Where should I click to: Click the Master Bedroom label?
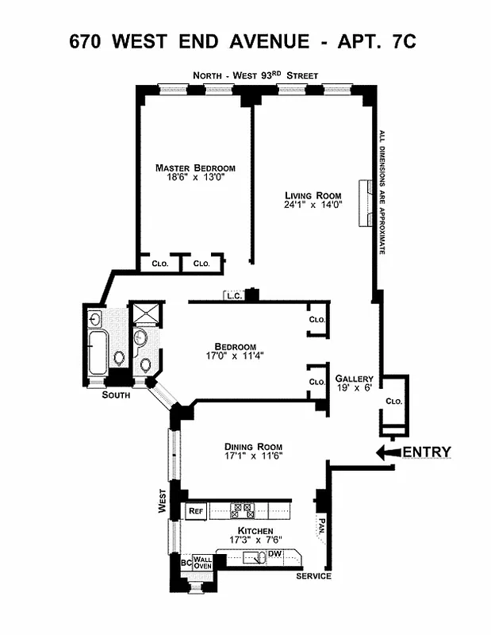click(x=195, y=167)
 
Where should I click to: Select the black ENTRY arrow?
click(x=388, y=452)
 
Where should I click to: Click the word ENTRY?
click(x=428, y=452)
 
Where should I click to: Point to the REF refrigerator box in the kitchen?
click(x=196, y=511)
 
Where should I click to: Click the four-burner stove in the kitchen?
click(x=241, y=510)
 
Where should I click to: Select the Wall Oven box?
click(x=203, y=562)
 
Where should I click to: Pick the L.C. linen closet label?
click(x=233, y=297)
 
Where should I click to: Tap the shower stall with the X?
click(x=144, y=315)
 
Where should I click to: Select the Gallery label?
click(x=355, y=379)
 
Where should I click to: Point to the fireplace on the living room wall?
click(x=366, y=203)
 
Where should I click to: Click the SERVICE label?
click(x=313, y=576)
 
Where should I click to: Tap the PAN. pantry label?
click(x=321, y=525)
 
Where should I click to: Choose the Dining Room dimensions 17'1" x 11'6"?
click(x=254, y=456)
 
